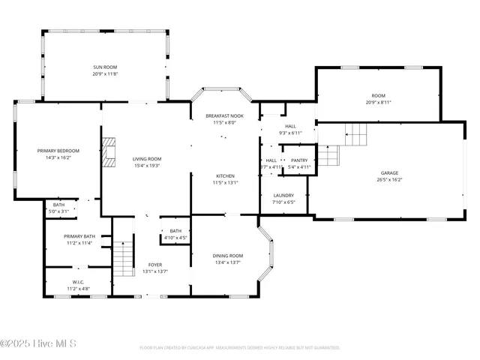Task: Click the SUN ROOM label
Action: (x=105, y=67)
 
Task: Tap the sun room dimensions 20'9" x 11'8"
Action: (x=105, y=74)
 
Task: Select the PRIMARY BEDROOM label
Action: (x=58, y=151)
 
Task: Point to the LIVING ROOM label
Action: (x=147, y=158)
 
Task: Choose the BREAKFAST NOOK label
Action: (x=224, y=115)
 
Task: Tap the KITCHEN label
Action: (x=225, y=175)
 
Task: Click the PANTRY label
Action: (x=299, y=160)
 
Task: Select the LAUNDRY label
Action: (x=283, y=195)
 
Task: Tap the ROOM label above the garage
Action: (x=378, y=95)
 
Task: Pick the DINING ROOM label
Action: (x=227, y=256)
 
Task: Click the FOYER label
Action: (x=155, y=265)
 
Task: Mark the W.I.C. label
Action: (x=79, y=282)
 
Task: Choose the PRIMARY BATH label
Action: (x=79, y=236)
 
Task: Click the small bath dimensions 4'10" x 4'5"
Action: (x=175, y=238)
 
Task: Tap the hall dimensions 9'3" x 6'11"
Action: (x=289, y=133)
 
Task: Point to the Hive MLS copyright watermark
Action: (x=39, y=344)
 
